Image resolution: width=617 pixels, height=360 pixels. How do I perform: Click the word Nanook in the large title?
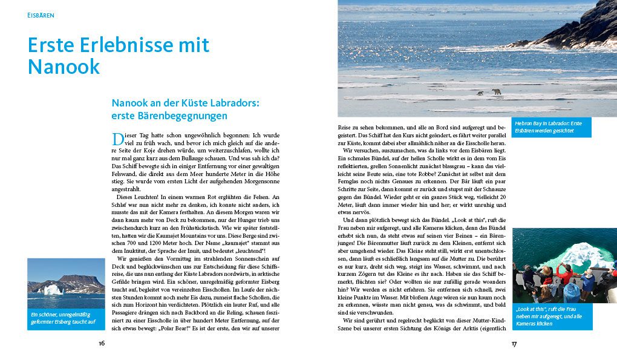[x=64, y=67]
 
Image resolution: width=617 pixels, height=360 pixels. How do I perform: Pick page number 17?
[x=514, y=343]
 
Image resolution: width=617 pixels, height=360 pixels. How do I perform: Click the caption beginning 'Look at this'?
[x=551, y=315]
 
